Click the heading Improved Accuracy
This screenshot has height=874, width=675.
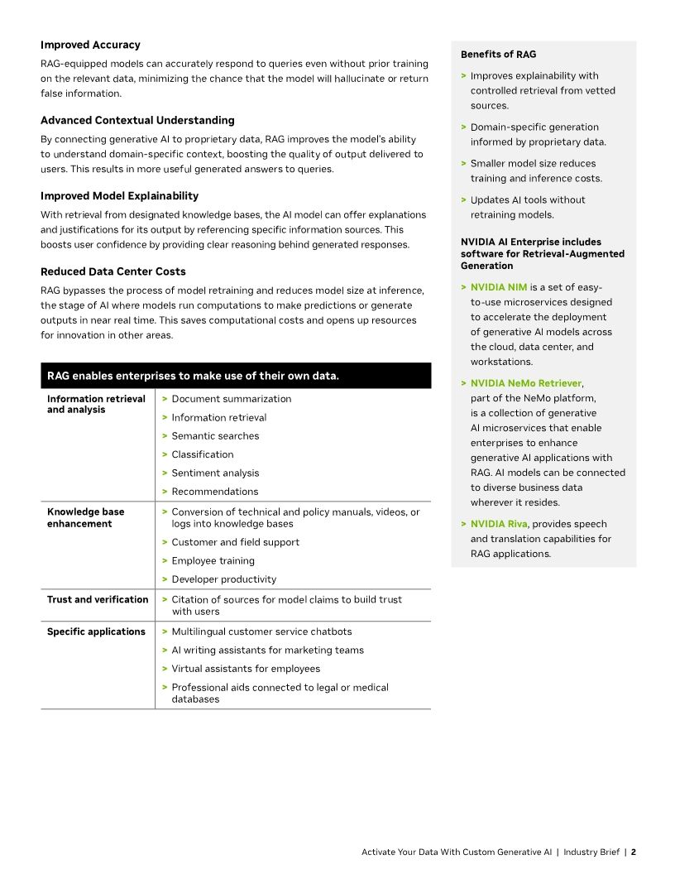coord(90,45)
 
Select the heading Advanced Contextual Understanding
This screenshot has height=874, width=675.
coord(137,120)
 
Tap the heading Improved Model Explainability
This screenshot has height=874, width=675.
coord(119,196)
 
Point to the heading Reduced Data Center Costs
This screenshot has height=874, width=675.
coord(113,271)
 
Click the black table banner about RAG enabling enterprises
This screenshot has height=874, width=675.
coord(235,376)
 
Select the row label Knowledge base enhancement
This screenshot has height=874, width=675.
coord(86,517)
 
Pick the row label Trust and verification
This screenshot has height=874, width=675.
coord(98,599)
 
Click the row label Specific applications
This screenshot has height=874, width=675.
coord(96,631)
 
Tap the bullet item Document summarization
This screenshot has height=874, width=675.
coord(231,399)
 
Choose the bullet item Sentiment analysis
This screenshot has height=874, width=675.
coord(215,473)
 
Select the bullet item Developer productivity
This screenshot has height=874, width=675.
coord(223,579)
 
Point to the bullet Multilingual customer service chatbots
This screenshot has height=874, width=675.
coord(261,631)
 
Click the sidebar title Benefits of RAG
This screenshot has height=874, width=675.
coord(498,55)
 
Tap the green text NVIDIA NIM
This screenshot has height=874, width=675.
coord(499,287)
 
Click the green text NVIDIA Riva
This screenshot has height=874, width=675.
coord(499,524)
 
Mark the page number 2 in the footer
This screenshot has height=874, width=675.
coord(633,852)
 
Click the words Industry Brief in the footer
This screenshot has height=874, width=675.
coord(591,852)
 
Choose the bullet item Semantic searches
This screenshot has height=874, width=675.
coord(215,436)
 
